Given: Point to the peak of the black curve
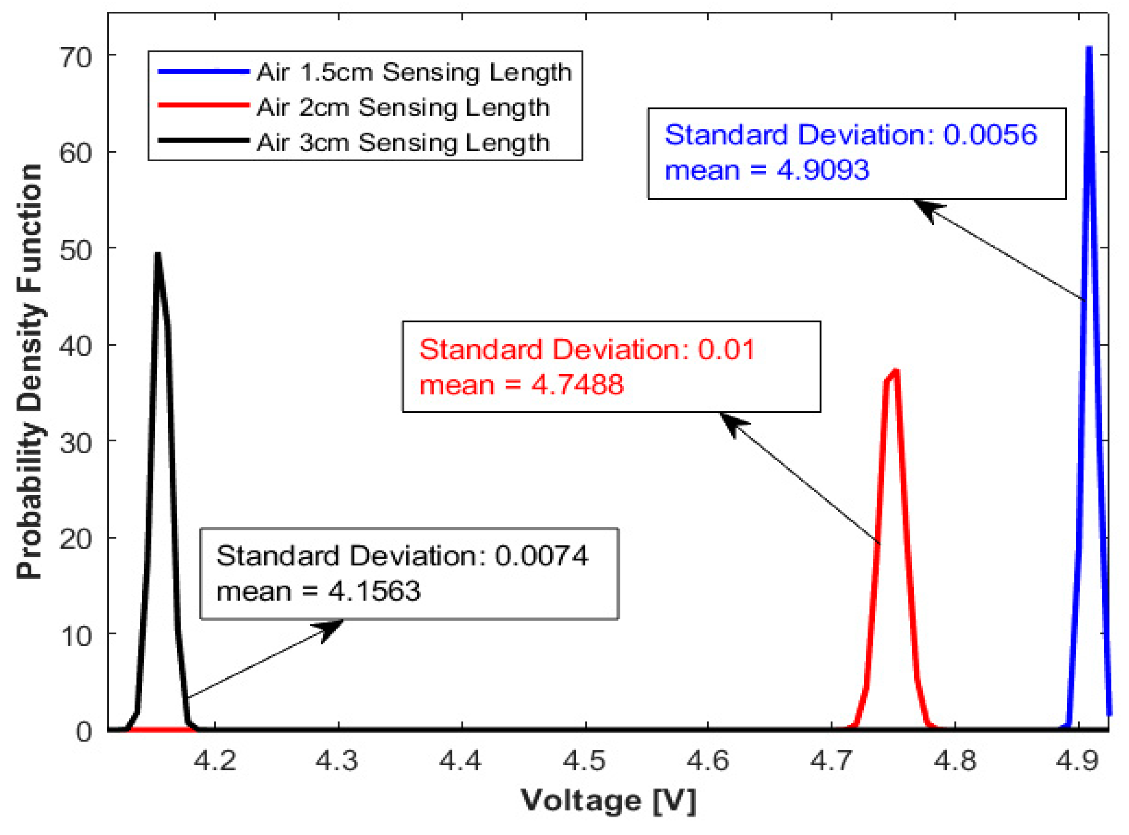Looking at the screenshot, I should coord(158,254).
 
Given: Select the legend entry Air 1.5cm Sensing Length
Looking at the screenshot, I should coord(414,72).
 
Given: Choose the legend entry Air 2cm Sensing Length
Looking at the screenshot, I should coord(402,107).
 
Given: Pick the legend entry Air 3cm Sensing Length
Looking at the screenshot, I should coord(402,142).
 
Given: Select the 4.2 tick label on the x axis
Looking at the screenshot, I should coord(215,760).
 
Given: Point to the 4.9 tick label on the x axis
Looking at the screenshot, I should coord(1078,760).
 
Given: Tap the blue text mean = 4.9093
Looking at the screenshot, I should coord(766,170).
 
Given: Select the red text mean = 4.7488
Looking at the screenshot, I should coord(521,385).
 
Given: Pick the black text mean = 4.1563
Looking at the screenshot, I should coord(318,591).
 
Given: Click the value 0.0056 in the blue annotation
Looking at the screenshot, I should coord(990,135).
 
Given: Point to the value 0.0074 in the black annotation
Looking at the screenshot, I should coord(541,556).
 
